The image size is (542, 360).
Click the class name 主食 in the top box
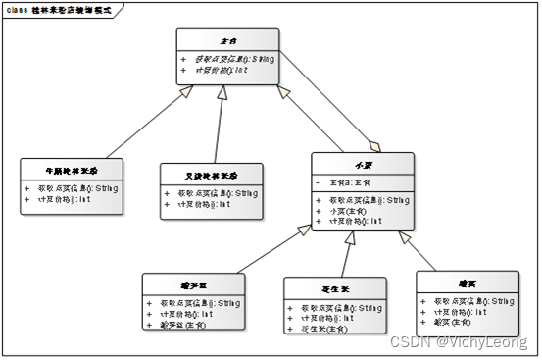228,41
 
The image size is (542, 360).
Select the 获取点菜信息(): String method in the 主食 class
234,59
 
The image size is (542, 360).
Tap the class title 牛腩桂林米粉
73,170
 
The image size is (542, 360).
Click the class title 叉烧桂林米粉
211,175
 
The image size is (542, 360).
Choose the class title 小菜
361,164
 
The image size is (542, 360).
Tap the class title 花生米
335,289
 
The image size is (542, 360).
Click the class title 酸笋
467,283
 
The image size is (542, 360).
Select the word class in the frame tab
18,9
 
